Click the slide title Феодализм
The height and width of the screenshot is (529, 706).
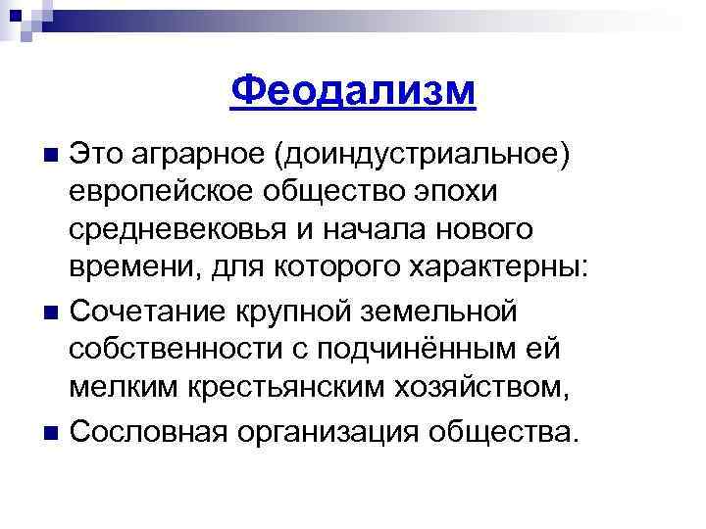(353, 93)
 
